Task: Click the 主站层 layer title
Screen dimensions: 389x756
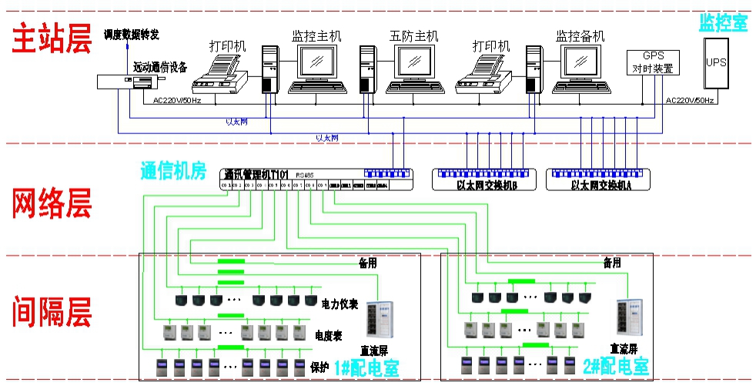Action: click(51, 39)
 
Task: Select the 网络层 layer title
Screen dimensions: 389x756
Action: click(51, 203)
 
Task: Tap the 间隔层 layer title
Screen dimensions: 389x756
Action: click(51, 312)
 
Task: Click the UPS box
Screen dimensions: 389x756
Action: click(716, 62)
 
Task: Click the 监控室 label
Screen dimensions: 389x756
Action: click(722, 22)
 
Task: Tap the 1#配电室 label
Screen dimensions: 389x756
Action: click(366, 368)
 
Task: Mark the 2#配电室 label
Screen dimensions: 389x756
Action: click(616, 367)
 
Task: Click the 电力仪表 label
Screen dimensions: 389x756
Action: click(340, 304)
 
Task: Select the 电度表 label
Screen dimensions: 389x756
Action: click(328, 336)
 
